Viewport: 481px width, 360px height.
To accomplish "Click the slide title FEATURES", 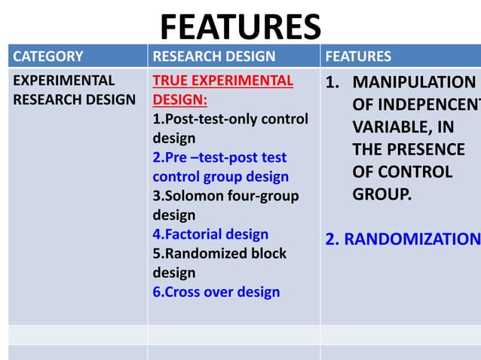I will click(240, 27).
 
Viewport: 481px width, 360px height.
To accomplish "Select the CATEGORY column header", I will click(48, 56).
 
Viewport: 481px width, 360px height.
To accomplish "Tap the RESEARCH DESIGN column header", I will click(213, 56).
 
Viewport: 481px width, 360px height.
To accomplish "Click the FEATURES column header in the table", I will click(358, 56).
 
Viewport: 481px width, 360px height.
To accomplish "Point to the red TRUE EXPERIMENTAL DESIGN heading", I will click(222, 90).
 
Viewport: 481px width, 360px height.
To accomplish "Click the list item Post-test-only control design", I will click(230, 128).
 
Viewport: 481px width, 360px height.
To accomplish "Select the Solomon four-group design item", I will click(225, 205).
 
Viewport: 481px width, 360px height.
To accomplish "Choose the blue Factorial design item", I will click(210, 234).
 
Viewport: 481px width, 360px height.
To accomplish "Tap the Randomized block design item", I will click(219, 262).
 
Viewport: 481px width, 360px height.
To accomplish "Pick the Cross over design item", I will click(216, 291).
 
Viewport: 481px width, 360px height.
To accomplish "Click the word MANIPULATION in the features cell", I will click(414, 82).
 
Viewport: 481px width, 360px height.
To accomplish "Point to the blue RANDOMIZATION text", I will click(402, 239).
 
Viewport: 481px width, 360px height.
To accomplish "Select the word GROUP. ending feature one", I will click(382, 194).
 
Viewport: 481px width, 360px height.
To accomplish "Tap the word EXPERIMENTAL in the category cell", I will click(64, 81).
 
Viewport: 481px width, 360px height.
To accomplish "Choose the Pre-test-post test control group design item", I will click(220, 167).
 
